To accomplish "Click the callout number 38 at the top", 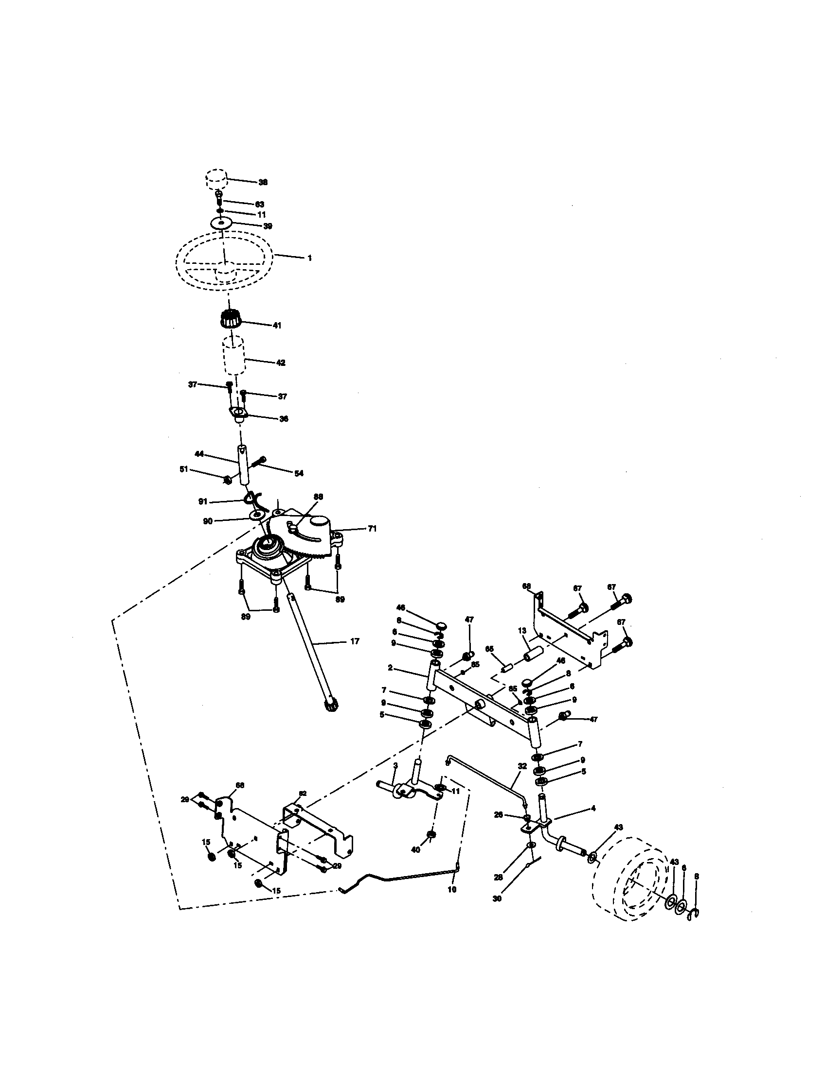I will click(x=263, y=182).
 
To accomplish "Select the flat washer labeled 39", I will click(x=221, y=223).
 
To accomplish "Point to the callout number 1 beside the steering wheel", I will click(x=309, y=258).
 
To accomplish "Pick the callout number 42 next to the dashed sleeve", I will click(x=280, y=362).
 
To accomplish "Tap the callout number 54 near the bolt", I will click(x=299, y=473).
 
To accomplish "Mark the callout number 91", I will click(x=203, y=502).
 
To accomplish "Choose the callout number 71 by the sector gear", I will click(x=372, y=529).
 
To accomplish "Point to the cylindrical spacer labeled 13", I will click(x=533, y=654).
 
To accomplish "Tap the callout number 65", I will click(x=489, y=649).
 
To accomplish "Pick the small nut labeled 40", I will click(x=431, y=834).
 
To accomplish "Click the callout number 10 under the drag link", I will click(x=452, y=889).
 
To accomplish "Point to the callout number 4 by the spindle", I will click(x=593, y=808).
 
